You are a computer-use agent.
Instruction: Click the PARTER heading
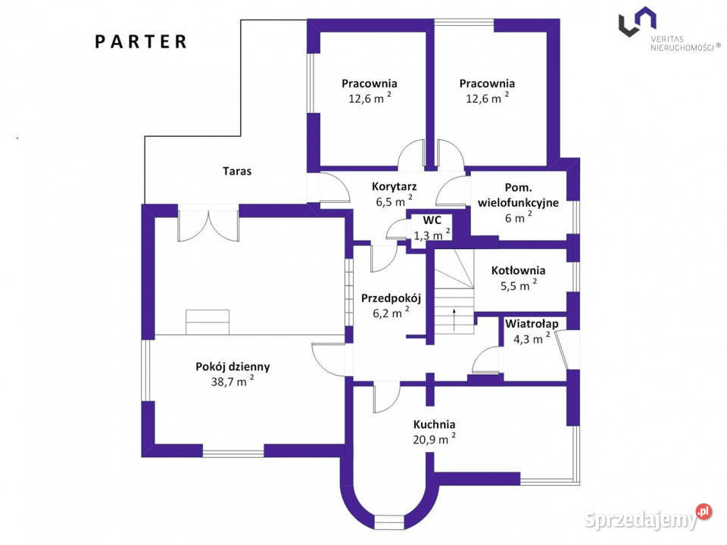coord(141,42)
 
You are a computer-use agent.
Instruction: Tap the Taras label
coord(237,171)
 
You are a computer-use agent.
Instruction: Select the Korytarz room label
coord(394,186)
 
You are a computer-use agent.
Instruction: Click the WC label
coord(432,220)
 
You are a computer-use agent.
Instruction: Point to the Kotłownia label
coord(518,270)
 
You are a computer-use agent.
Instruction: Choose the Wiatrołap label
coord(532,323)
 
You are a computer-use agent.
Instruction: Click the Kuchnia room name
coord(434,424)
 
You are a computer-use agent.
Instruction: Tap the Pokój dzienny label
coord(232,366)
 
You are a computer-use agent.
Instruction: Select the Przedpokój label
coord(391,298)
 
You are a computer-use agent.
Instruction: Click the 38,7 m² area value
coord(232,381)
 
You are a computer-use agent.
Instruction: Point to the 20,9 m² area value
coord(434,438)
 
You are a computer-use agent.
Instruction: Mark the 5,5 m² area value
coord(518,285)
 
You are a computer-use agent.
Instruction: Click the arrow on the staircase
coord(454,319)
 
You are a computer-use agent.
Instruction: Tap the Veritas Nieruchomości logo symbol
coord(637,22)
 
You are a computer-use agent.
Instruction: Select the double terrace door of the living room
coord(209,224)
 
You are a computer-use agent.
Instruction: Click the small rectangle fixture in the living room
coord(207,322)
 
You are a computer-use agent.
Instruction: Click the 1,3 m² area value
coord(432,235)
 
